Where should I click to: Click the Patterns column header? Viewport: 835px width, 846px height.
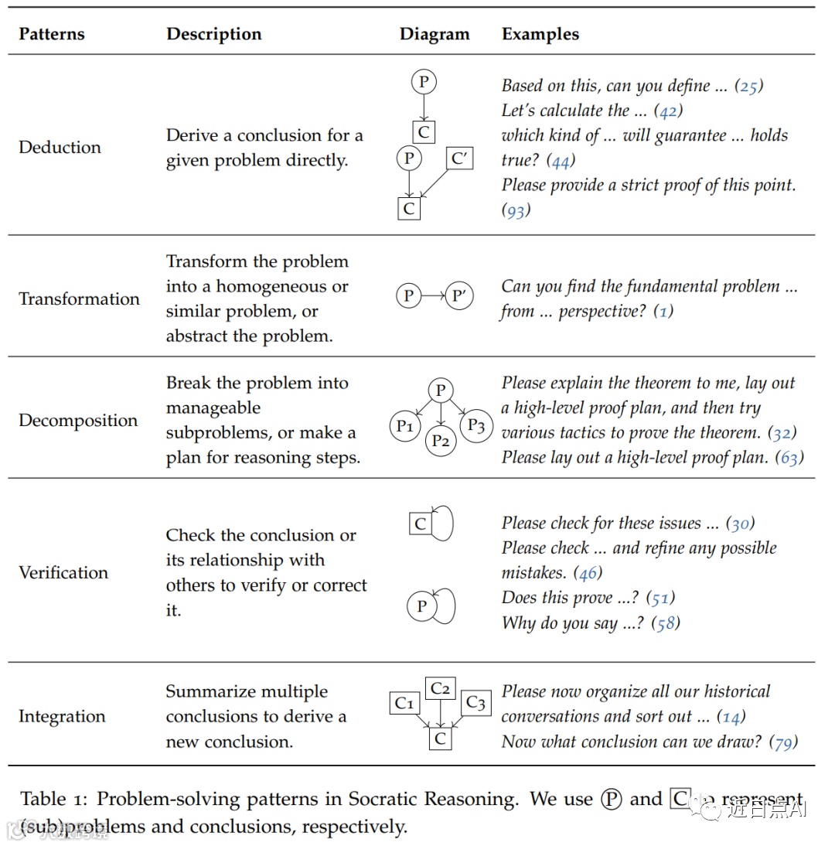(52, 34)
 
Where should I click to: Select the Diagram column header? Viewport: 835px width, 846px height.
(435, 34)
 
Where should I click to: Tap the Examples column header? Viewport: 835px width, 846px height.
(540, 34)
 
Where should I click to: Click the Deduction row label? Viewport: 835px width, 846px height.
(60, 147)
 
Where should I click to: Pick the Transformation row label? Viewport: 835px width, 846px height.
(79, 298)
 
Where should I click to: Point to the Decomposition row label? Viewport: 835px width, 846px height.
(78, 420)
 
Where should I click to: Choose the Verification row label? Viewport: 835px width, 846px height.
(63, 572)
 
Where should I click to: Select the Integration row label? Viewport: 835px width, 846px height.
(62, 716)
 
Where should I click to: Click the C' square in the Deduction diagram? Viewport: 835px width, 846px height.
(459, 159)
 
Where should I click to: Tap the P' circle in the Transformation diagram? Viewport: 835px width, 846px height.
(459, 295)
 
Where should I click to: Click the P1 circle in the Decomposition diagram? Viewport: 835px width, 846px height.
(404, 426)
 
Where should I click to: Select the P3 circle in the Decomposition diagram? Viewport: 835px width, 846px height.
(476, 425)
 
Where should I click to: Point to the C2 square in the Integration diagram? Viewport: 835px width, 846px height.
(440, 688)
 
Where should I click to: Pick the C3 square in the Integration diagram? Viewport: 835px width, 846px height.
(476, 703)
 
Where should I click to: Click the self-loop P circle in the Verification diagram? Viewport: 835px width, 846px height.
(421, 606)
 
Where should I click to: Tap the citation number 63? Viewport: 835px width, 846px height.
(789, 458)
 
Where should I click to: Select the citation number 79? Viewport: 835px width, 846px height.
(783, 742)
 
